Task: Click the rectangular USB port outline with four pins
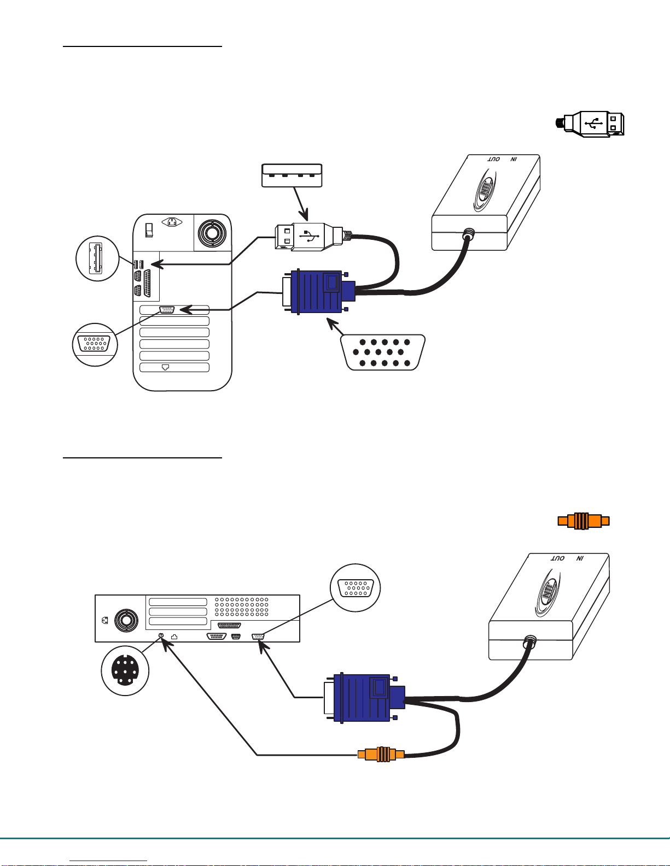pyautogui.click(x=292, y=175)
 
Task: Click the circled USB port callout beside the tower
pyautogui.click(x=97, y=258)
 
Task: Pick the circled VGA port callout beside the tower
pyautogui.click(x=95, y=344)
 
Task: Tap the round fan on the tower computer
pyautogui.click(x=211, y=233)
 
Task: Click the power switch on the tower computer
pyautogui.click(x=148, y=229)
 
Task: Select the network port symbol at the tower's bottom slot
pyautogui.click(x=165, y=367)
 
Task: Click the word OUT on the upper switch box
pyautogui.click(x=494, y=160)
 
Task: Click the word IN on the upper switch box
pyautogui.click(x=514, y=160)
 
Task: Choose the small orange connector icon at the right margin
pyautogui.click(x=583, y=521)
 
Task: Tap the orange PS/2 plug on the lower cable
pyautogui.click(x=381, y=755)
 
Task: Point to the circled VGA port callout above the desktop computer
pyautogui.click(x=356, y=588)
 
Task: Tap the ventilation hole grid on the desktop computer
pyautogui.click(x=241, y=606)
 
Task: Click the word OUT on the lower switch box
pyautogui.click(x=558, y=558)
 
